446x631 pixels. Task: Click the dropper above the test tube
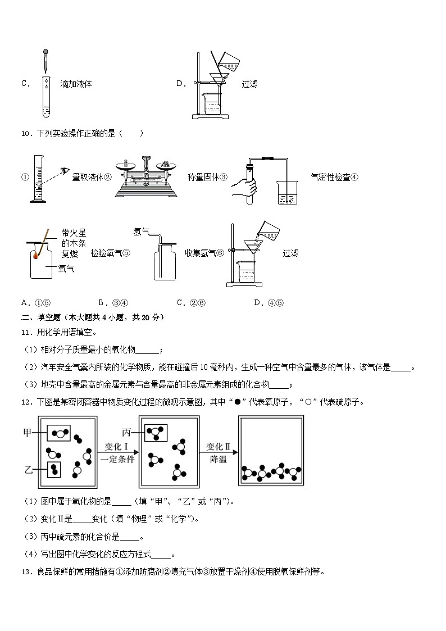[44, 62]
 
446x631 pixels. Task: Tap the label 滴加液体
[76, 84]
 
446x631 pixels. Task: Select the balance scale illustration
[147, 176]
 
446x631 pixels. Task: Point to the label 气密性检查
[330, 177]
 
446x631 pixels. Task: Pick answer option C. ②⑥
[191, 303]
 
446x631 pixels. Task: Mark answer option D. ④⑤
[269, 303]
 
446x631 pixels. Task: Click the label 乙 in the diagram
[27, 469]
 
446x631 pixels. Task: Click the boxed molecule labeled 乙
[54, 469]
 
